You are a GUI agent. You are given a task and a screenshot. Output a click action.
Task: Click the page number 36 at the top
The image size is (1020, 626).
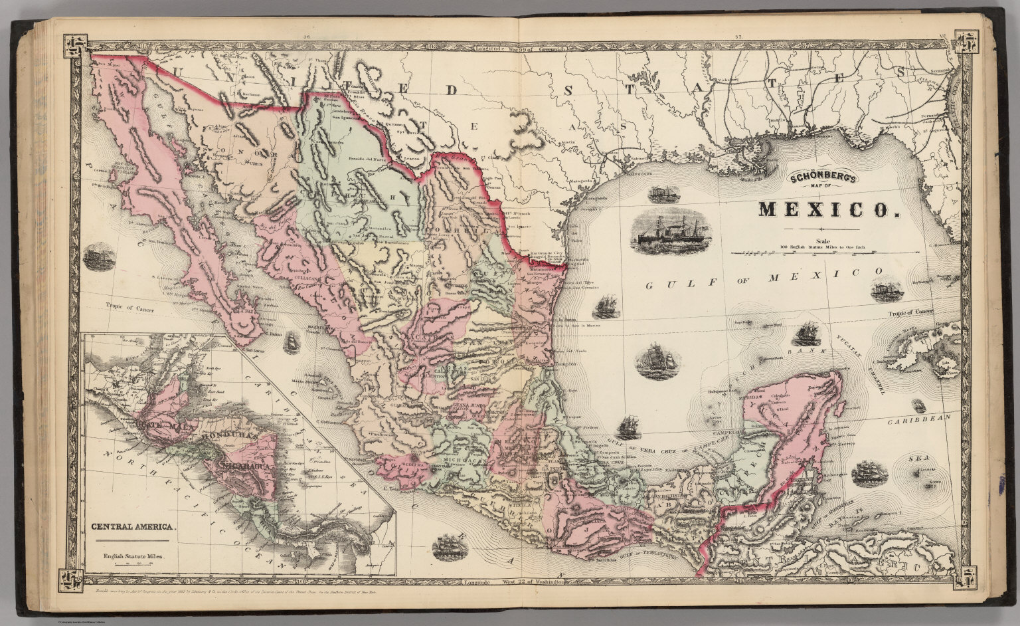307,37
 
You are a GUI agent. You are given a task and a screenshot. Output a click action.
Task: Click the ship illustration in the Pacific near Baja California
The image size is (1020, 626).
100,258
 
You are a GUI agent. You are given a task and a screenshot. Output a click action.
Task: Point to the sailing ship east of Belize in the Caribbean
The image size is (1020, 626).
869,472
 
